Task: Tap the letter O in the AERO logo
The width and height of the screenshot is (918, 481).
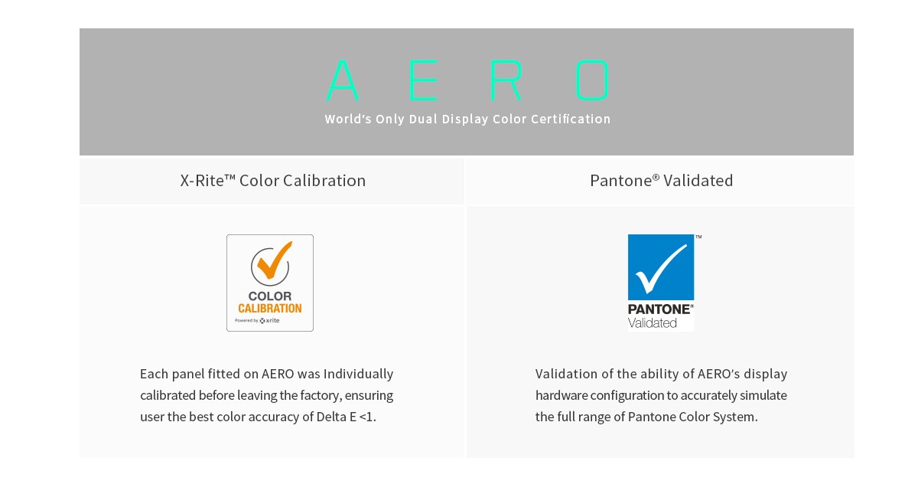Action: (592, 80)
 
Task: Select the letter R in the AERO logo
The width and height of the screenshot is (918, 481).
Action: (506, 80)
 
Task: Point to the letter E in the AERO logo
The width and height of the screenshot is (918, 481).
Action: (424, 80)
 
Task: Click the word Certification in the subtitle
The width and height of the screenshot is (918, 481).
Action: (571, 119)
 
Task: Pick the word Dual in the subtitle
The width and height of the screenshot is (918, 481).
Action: (423, 119)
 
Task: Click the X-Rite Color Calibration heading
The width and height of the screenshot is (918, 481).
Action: (273, 181)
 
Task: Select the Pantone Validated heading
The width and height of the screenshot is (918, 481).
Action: (662, 181)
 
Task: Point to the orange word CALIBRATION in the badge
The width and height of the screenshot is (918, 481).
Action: (269, 308)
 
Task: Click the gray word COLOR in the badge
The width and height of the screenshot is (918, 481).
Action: (269, 296)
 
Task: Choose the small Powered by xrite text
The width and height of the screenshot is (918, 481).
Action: (257, 320)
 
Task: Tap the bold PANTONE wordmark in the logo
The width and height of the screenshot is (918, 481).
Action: (659, 309)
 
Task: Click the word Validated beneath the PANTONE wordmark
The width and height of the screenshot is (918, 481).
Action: (652, 323)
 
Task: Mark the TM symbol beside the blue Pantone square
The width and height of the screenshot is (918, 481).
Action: (698, 237)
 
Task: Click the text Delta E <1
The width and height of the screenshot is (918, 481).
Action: (347, 417)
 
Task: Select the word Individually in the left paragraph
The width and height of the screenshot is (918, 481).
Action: (358, 374)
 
